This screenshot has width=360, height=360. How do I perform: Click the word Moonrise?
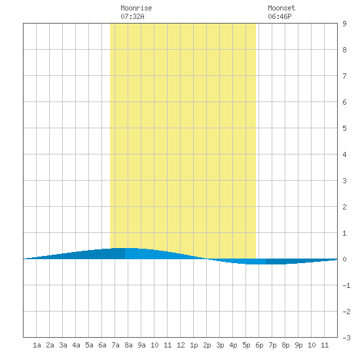click(136, 8)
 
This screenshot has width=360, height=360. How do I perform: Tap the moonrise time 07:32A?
click(132, 16)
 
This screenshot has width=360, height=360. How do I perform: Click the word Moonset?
click(281, 8)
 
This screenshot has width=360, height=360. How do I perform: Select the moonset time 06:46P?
click(279, 16)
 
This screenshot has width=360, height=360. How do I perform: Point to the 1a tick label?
click(37, 345)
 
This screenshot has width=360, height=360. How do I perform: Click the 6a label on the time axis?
click(102, 345)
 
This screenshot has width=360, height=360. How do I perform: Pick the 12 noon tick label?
click(181, 345)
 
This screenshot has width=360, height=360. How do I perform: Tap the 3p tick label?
click(220, 346)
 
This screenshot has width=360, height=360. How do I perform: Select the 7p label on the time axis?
click(272, 346)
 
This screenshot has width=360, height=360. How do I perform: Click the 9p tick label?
click(298, 346)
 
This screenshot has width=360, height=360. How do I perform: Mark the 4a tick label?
click(76, 345)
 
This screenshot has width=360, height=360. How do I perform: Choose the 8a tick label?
click(128, 345)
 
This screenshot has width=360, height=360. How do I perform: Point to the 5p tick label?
click(246, 346)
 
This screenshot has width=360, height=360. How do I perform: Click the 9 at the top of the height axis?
click(344, 24)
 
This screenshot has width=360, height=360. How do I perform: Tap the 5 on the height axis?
click(344, 128)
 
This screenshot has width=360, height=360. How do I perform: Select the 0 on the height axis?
click(344, 259)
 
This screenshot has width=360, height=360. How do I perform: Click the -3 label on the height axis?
click(346, 338)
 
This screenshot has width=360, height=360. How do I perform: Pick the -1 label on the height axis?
click(346, 285)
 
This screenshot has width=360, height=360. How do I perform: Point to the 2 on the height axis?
click(344, 207)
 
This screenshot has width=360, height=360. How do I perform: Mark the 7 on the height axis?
click(344, 76)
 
